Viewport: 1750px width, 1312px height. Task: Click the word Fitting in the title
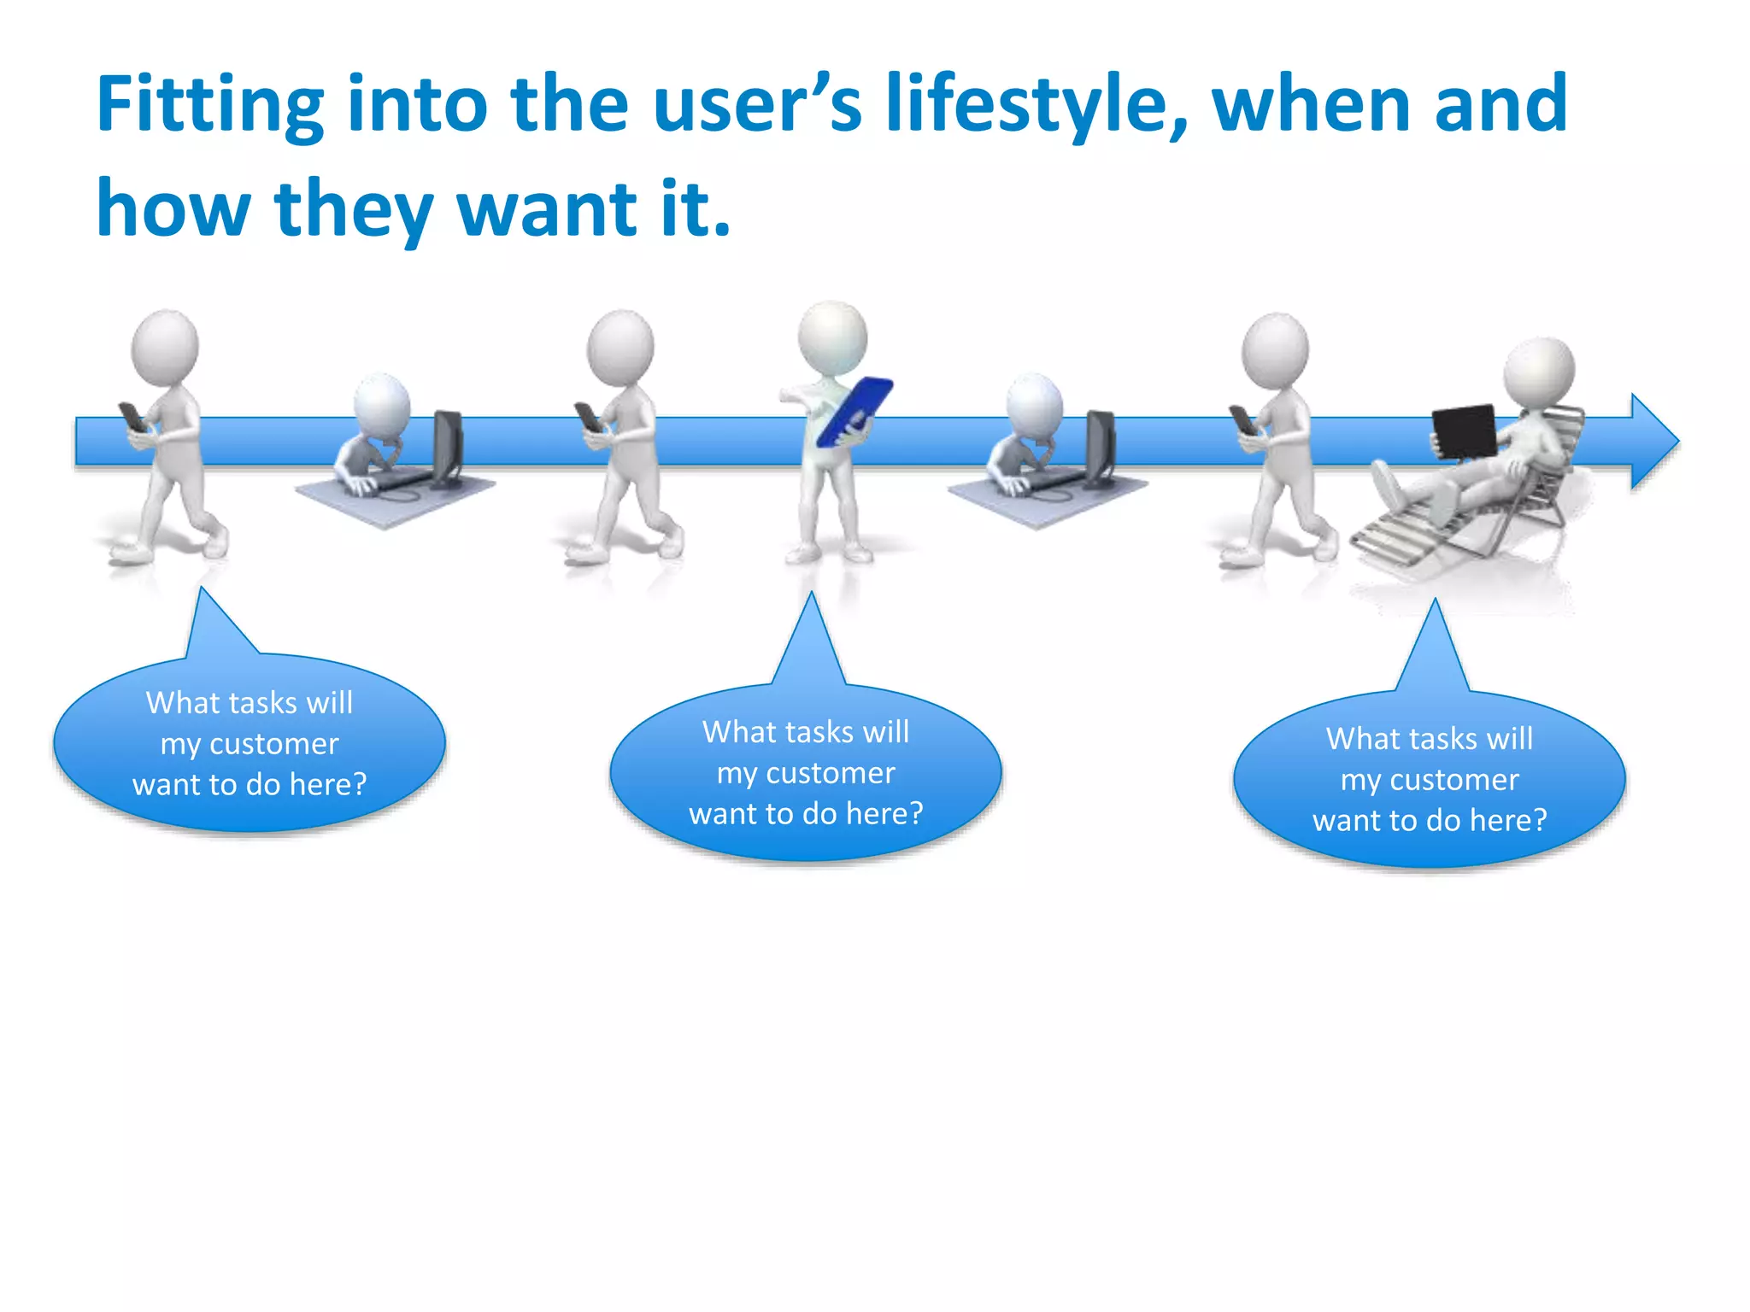209,107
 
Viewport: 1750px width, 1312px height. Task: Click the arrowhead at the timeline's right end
1653,442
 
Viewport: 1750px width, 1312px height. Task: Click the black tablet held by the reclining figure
1465,431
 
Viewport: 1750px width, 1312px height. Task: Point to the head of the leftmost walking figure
165,348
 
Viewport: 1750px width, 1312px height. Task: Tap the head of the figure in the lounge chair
1539,373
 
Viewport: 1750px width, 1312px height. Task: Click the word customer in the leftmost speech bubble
274,744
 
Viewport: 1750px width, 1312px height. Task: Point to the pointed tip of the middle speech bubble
811,596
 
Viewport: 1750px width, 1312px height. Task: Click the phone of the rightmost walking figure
1242,419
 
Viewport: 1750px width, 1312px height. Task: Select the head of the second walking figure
620,348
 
